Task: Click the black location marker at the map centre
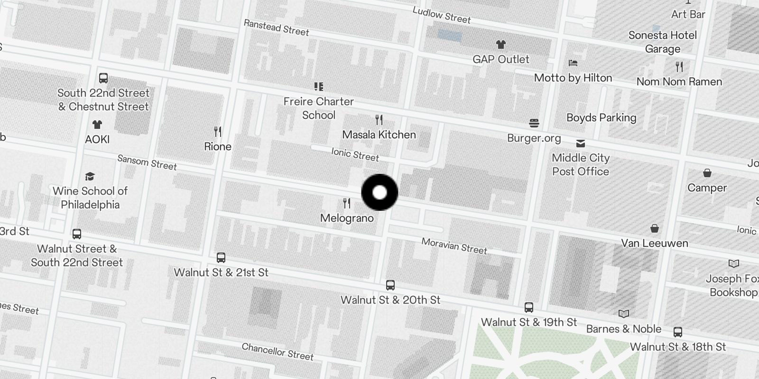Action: pyautogui.click(x=379, y=192)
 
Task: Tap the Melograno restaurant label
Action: pyautogui.click(x=347, y=218)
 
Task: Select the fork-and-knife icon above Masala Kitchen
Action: pyautogui.click(x=379, y=119)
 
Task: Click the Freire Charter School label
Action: pyautogui.click(x=319, y=108)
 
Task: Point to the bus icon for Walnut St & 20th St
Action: pyautogui.click(x=390, y=285)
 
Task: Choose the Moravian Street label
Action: pyautogui.click(x=454, y=246)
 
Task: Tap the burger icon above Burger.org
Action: pyautogui.click(x=534, y=124)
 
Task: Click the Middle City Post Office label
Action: pyautogui.click(x=581, y=164)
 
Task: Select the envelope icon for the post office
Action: pyautogui.click(x=580, y=143)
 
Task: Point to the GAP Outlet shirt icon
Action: pyautogui.click(x=501, y=45)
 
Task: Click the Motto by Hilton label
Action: pyautogui.click(x=573, y=78)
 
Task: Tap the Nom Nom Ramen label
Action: pyautogui.click(x=679, y=81)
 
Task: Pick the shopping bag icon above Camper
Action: pyautogui.click(x=707, y=173)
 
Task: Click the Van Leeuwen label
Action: pyautogui.click(x=655, y=243)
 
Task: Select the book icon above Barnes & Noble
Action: pyautogui.click(x=624, y=314)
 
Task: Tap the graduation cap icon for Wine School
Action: pyautogui.click(x=90, y=177)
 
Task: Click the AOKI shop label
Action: pyautogui.click(x=97, y=139)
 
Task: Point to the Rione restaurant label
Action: pyautogui.click(x=218, y=146)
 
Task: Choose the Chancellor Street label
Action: pyautogui.click(x=278, y=352)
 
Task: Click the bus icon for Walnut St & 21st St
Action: pyautogui.click(x=221, y=258)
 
